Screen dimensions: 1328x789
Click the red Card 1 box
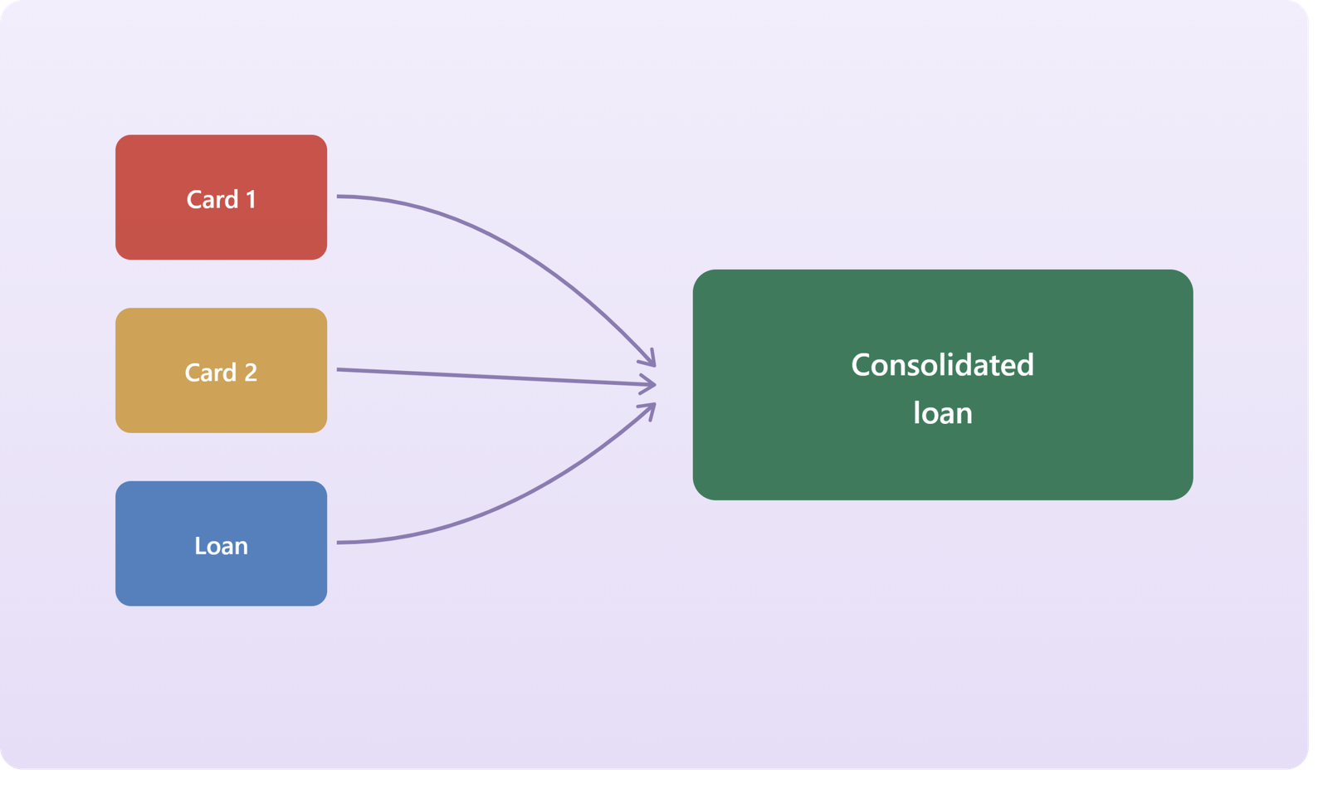pos(221,197)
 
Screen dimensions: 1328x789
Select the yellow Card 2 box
pos(221,371)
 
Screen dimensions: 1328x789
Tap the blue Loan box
pos(221,543)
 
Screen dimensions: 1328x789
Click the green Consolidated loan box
pos(943,385)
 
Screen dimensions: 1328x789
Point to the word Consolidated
pos(943,364)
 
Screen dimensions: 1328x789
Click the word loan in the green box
pos(943,413)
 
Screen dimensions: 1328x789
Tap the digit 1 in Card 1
pos(251,200)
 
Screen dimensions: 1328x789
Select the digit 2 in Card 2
pos(251,373)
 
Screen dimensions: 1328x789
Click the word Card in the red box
pos(212,200)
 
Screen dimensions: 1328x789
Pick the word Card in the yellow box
pos(211,373)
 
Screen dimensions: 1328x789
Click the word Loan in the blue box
pos(221,546)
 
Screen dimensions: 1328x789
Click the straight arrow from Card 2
pos(496,377)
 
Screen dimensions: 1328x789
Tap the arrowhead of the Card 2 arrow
pos(654,385)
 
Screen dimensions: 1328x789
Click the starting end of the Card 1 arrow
pos(337,196)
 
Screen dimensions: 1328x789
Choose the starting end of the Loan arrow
pos(337,543)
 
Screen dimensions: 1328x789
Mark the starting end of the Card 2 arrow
pos(337,369)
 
